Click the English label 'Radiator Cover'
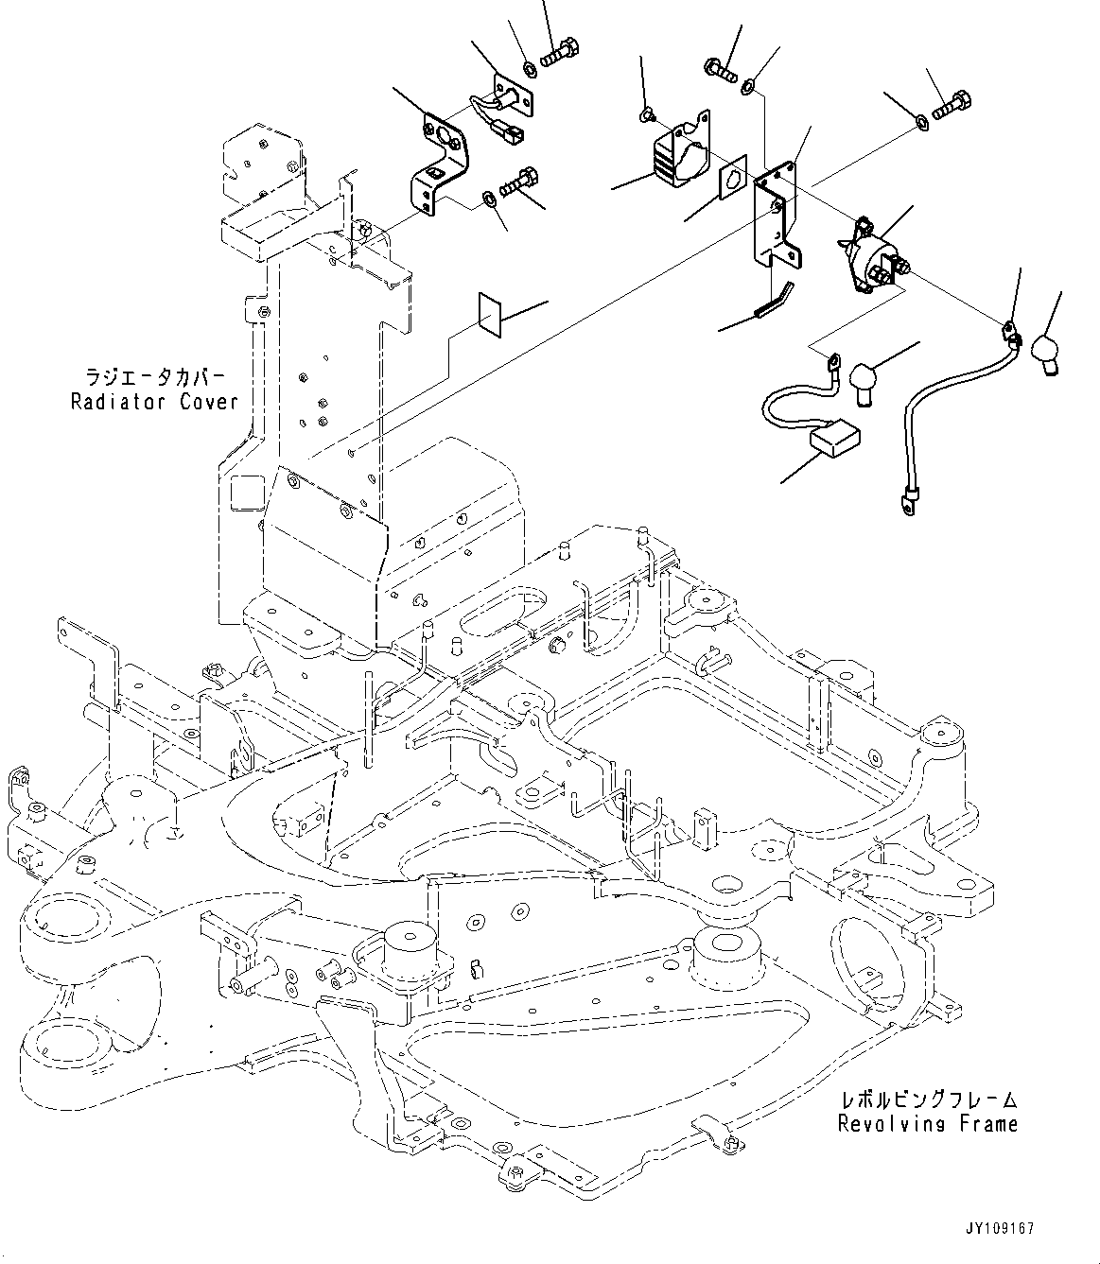(x=154, y=402)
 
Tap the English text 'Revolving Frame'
(x=927, y=1124)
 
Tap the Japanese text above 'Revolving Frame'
(x=927, y=1100)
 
